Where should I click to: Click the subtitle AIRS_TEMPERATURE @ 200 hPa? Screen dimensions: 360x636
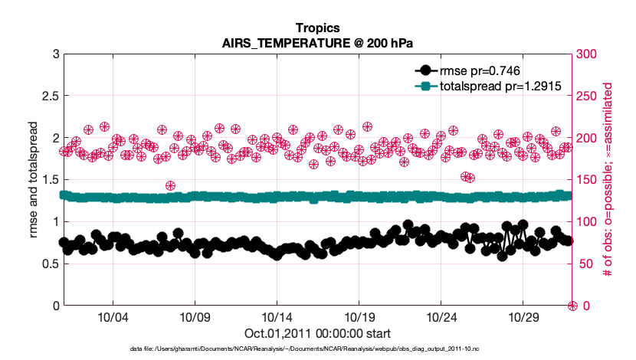click(317, 43)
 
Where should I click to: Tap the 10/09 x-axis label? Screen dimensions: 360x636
click(195, 316)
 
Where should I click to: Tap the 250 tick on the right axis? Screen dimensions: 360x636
click(586, 97)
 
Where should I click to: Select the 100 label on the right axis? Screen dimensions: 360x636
click(586, 222)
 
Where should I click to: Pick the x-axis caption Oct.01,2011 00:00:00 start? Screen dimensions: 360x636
click(317, 332)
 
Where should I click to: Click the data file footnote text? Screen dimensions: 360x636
click(317, 349)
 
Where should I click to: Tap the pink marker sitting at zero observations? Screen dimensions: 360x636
click(572, 306)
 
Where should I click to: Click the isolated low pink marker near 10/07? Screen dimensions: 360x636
click(171, 185)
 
